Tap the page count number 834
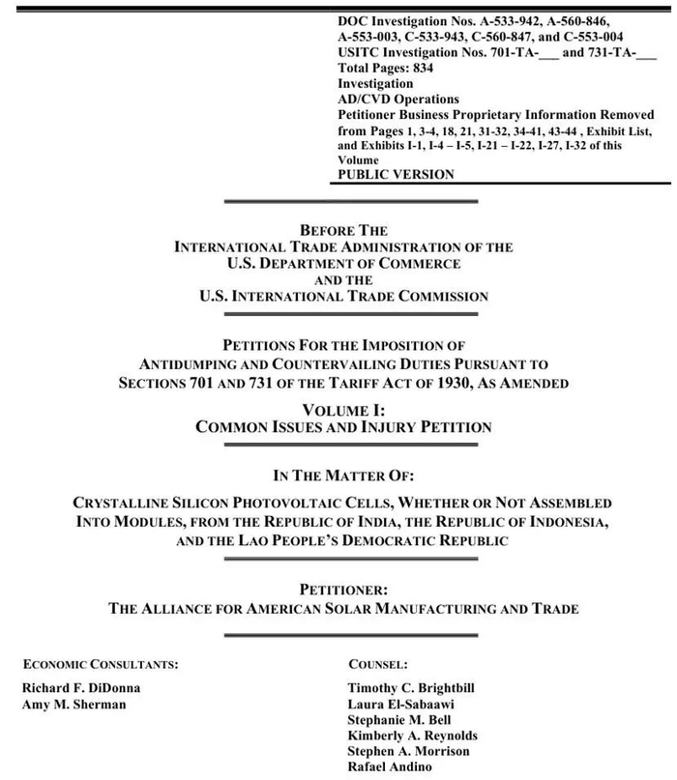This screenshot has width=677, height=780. tap(421, 69)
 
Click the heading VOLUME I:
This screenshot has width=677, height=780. tap(343, 410)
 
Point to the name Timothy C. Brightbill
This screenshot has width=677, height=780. tap(411, 688)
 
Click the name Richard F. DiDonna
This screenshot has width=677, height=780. tap(79, 688)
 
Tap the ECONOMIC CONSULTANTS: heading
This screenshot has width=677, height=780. tap(101, 664)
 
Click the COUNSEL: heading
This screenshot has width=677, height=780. tap(378, 664)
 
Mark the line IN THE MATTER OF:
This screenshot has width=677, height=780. tap(343, 476)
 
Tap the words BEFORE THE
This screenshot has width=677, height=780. tap(343, 231)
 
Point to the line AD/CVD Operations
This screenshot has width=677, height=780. tap(398, 100)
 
